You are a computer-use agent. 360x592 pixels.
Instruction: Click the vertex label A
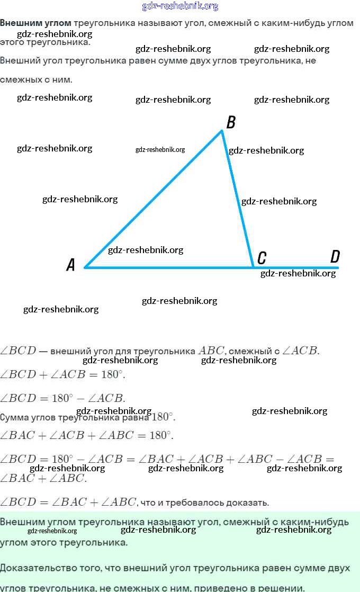(71, 265)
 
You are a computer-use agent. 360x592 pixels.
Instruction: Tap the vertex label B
(231, 123)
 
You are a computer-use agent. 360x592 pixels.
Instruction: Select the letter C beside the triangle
(262, 258)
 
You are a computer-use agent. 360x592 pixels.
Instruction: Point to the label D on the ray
(335, 257)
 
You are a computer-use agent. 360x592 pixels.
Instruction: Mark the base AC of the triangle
(169, 267)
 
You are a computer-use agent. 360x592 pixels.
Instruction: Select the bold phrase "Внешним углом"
(35, 23)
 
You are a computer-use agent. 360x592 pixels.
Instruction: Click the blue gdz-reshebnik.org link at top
(180, 6)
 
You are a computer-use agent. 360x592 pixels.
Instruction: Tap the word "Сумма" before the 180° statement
(14, 417)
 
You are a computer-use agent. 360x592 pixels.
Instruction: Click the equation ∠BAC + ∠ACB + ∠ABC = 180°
(87, 435)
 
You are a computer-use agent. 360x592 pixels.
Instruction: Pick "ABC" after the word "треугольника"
(211, 351)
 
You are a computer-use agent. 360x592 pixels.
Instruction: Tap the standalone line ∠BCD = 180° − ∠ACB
(62, 398)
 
